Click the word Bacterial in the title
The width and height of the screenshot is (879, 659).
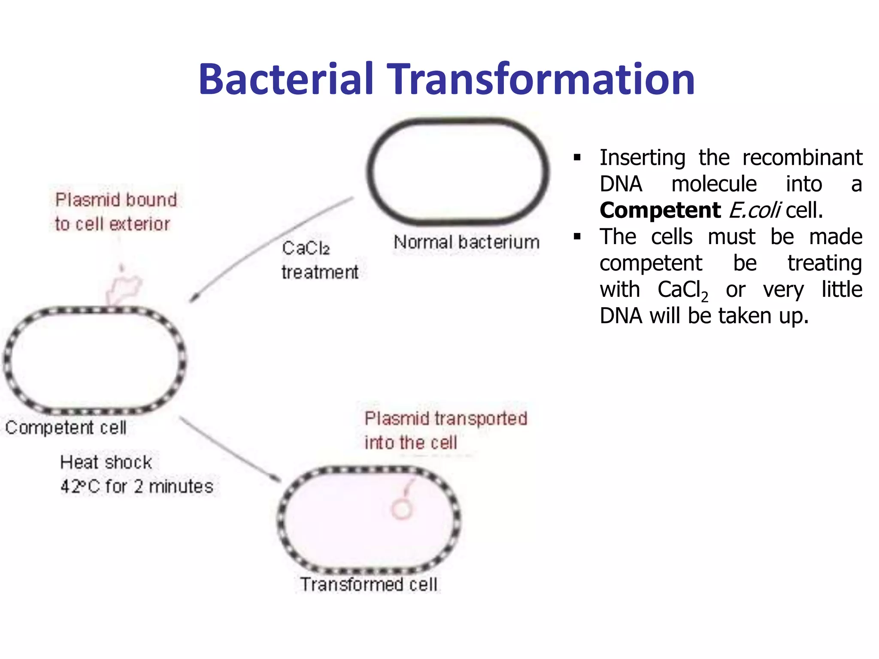tap(285, 79)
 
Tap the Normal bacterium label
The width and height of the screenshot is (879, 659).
tap(467, 242)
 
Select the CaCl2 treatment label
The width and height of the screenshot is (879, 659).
tap(320, 260)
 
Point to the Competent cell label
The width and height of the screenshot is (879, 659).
tap(66, 428)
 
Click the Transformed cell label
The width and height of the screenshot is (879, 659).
tap(369, 585)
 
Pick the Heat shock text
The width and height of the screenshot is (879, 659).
tap(106, 463)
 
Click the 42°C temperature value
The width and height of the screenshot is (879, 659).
tap(80, 487)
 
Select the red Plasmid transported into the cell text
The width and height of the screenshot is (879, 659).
tap(446, 430)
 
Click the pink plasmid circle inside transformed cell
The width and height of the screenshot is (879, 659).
tap(402, 510)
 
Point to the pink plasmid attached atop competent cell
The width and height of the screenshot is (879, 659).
tap(123, 288)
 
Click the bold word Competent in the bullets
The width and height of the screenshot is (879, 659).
tap(660, 211)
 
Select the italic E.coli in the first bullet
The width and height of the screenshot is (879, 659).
tap(754, 211)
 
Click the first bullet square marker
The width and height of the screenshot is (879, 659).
tap(577, 158)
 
